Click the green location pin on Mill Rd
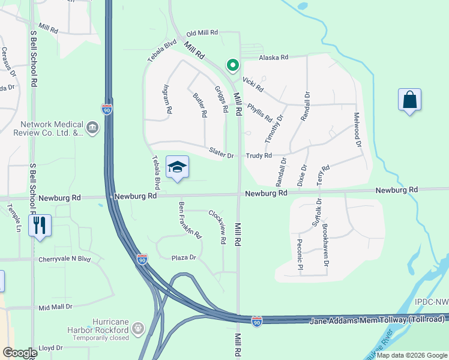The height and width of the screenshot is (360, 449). (x=232, y=65)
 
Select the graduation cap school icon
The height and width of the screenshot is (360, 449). (x=177, y=168)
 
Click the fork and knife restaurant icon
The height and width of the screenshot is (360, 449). (x=40, y=226)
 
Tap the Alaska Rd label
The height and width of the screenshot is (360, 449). (x=274, y=58)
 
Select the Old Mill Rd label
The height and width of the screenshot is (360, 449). (x=203, y=34)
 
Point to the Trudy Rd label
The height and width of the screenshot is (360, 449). (x=260, y=155)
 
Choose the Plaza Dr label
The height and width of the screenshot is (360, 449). (x=184, y=257)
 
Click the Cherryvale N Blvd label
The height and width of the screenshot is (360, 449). (x=64, y=259)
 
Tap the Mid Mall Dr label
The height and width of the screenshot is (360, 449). (x=55, y=307)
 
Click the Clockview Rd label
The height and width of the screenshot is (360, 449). (x=217, y=226)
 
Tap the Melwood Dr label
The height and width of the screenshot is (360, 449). (x=357, y=130)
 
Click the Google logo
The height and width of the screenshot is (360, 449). (x=20, y=353)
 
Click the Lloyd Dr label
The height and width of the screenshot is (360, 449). (x=50, y=348)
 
